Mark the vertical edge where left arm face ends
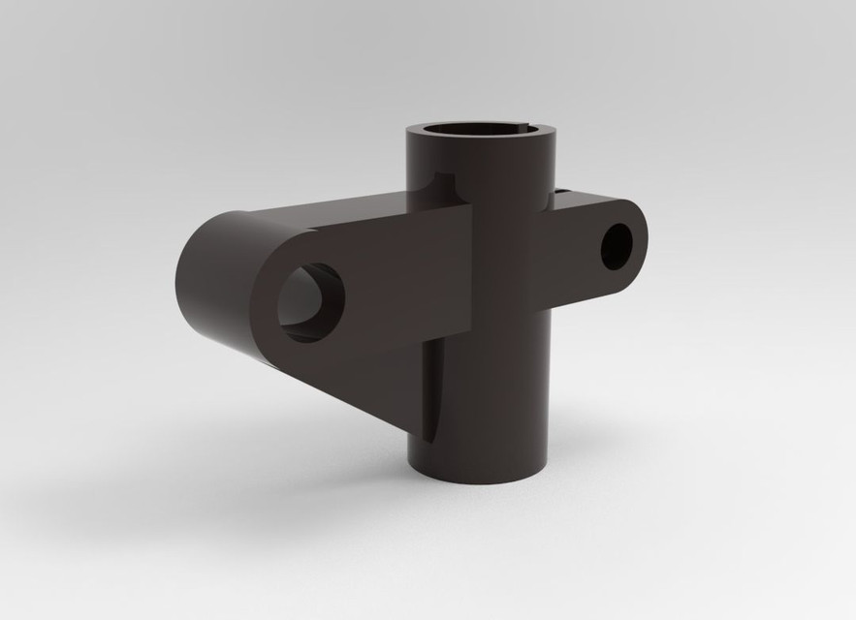click(x=472, y=271)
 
